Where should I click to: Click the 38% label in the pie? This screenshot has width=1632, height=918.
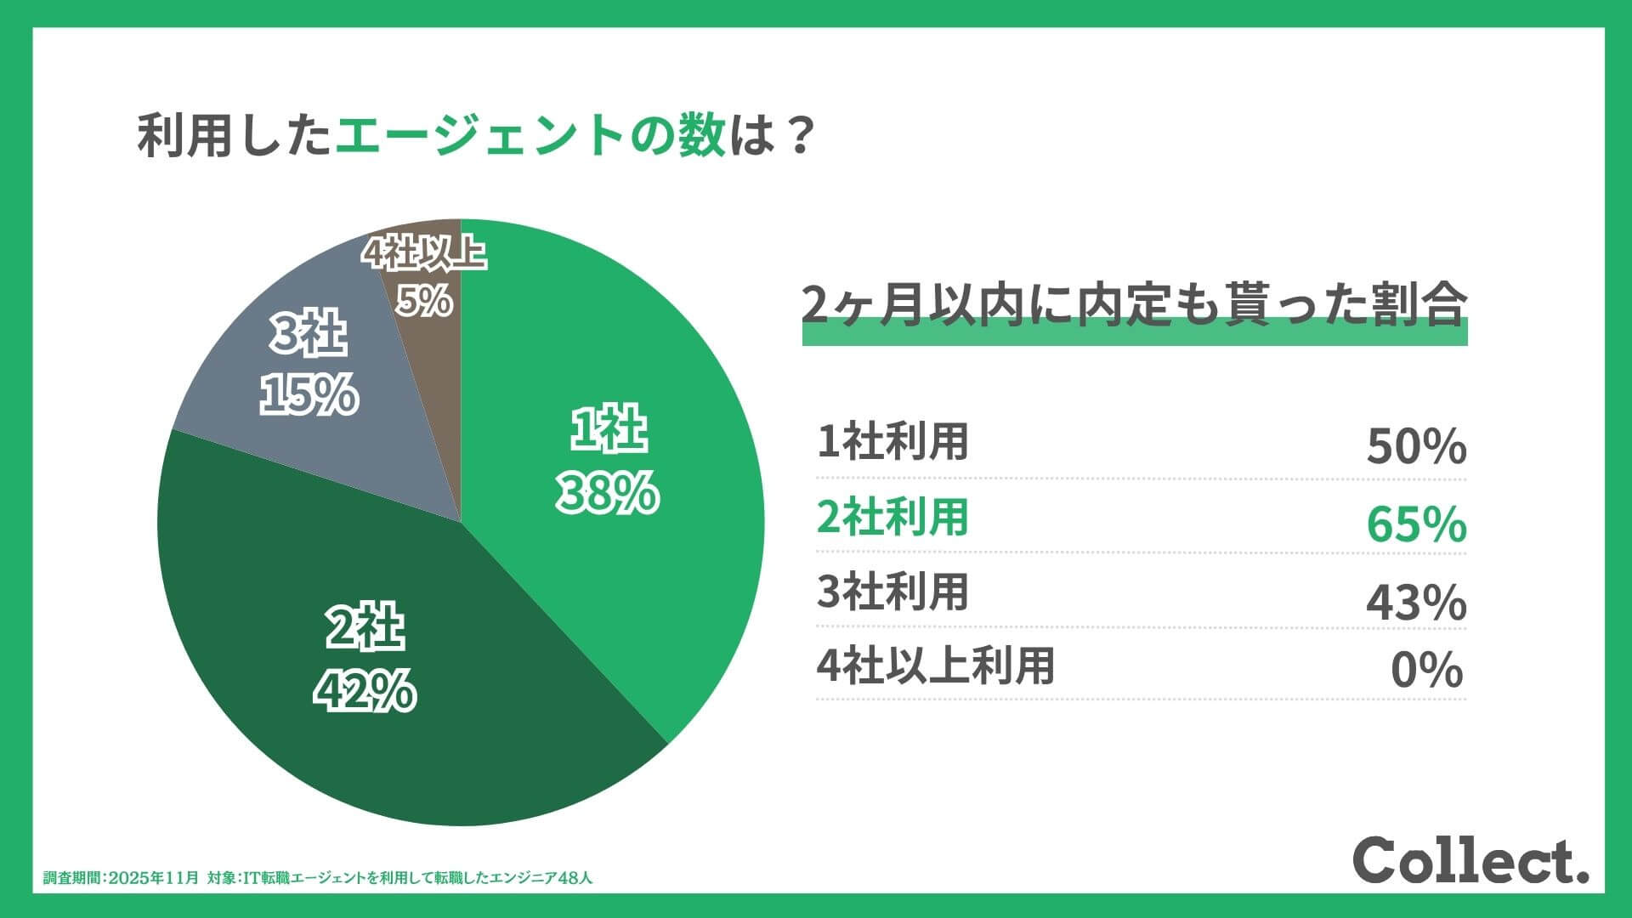(x=607, y=494)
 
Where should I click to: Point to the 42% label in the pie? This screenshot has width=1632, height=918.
(x=365, y=691)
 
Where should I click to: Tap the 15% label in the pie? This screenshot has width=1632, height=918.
(x=309, y=396)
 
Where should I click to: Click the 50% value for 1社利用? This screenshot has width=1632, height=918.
(x=1415, y=446)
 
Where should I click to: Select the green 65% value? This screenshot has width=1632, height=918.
(x=1415, y=524)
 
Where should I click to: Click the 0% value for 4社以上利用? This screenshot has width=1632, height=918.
(x=1426, y=671)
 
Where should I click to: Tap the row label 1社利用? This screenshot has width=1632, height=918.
(x=892, y=442)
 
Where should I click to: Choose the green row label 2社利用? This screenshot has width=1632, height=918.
(x=892, y=517)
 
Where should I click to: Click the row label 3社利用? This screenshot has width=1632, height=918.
(x=892, y=592)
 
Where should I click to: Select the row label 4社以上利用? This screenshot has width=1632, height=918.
(x=935, y=666)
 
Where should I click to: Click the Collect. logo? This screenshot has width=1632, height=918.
(x=1470, y=861)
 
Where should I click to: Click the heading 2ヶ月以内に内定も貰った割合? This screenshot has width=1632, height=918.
(x=1134, y=307)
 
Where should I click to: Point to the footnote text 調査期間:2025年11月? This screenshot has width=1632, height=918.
(x=122, y=878)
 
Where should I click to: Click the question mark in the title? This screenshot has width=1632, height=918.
(x=798, y=136)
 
